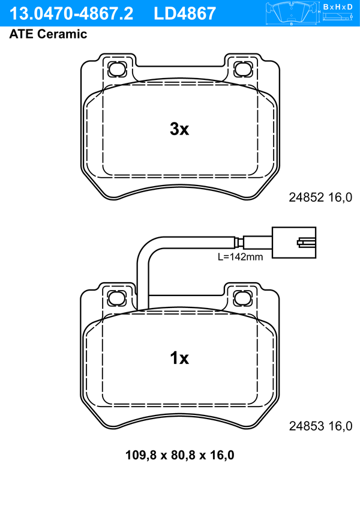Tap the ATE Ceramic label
(48, 34)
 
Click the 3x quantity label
(179, 129)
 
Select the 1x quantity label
(179, 358)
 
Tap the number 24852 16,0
(320, 197)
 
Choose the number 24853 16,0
(320, 426)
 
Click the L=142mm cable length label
(240, 257)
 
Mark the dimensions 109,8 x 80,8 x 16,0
(179, 455)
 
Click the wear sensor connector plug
(293, 243)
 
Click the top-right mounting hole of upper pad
(242, 68)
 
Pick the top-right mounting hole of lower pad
(242, 297)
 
